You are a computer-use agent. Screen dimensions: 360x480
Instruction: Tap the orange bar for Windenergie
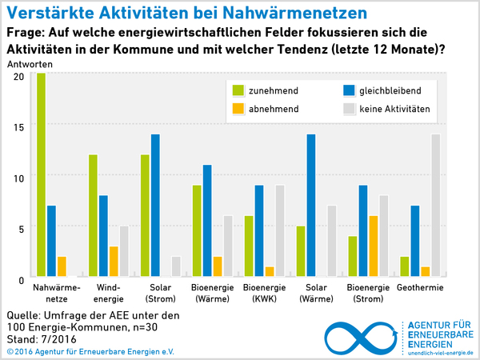[x=114, y=262]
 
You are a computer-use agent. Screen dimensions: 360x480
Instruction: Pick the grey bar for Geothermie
[x=435, y=206]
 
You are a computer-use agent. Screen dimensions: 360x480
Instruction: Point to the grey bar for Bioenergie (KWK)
[x=279, y=231]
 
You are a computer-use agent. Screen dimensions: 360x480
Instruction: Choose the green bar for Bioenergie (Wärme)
[x=196, y=231]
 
